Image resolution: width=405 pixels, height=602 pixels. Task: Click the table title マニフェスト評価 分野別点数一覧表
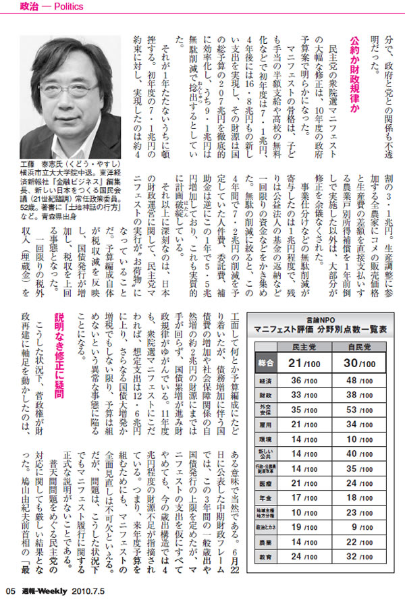tap(321, 329)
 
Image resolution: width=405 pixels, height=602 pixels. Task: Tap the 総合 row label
tap(265, 363)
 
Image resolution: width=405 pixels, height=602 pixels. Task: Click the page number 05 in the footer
tap(9, 594)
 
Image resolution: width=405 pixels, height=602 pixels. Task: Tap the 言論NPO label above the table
tap(320, 319)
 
